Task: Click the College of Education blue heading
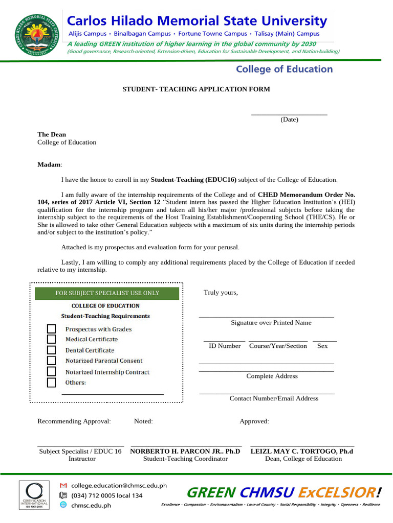tap(283, 69)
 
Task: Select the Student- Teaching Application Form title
tap(196, 89)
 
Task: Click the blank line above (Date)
tap(289, 113)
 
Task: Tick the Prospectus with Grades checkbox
tap(51, 329)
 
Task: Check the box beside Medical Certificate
tap(51, 339)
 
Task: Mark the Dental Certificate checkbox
tap(51, 350)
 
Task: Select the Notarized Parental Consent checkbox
tap(51, 361)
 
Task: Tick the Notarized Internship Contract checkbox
tap(51, 372)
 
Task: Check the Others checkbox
tap(51, 383)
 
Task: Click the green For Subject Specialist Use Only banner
tap(107, 293)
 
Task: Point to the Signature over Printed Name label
tap(271, 323)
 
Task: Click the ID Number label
tap(225, 346)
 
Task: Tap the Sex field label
tap(322, 346)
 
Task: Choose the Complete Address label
tap(272, 376)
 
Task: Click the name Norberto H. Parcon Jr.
tap(185, 451)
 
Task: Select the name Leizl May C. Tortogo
tap(301, 451)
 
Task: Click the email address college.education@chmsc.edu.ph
tap(119, 485)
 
